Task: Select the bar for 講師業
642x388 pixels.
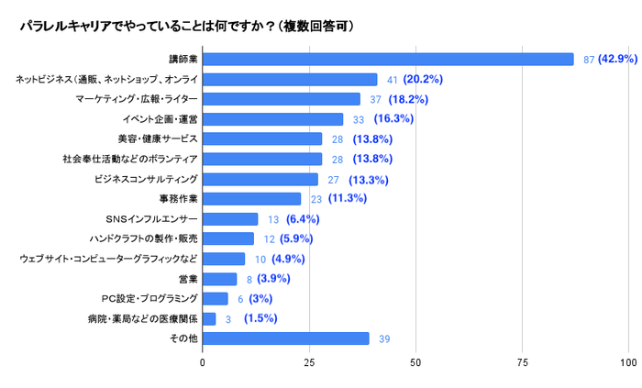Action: coord(388,60)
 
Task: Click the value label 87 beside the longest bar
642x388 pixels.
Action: coord(591,60)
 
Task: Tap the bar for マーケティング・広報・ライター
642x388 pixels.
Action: coord(282,99)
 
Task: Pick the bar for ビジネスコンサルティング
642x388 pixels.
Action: coord(260,179)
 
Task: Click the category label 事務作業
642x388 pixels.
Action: coord(178,199)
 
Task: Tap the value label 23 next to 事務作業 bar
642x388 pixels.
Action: coord(314,199)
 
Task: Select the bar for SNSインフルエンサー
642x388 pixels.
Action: coord(230,219)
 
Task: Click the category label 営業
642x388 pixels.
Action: coord(187,279)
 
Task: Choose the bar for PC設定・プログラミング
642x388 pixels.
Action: coord(216,298)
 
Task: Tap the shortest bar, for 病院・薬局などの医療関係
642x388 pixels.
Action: coord(209,318)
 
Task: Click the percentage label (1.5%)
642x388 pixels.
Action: coord(260,318)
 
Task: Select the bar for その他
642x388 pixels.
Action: coord(286,338)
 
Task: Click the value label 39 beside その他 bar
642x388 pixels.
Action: coord(385,338)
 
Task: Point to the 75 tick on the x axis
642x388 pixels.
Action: coord(523,363)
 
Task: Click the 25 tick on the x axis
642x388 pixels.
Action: coord(309,363)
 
